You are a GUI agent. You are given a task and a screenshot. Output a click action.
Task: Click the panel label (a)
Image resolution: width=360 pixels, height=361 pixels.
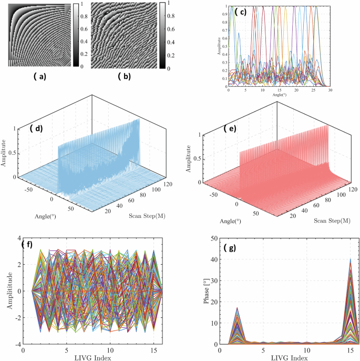40,77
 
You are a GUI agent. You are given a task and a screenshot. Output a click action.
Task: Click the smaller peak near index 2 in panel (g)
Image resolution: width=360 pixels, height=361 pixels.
238,308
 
